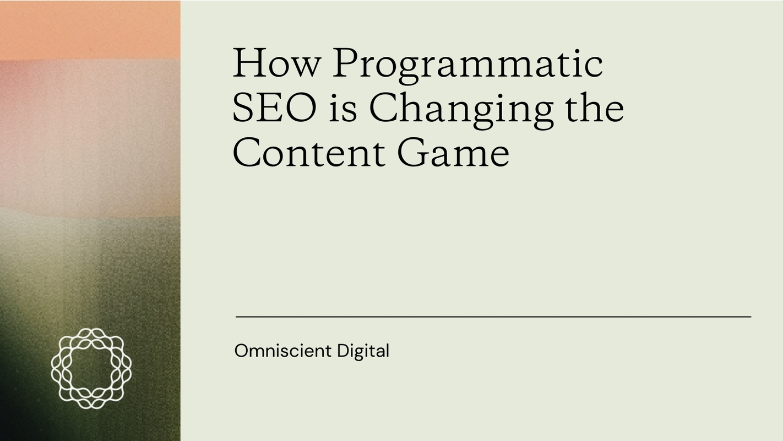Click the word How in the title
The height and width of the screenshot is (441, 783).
point(276,63)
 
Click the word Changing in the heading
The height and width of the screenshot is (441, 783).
point(461,109)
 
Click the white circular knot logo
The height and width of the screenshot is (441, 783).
point(91,368)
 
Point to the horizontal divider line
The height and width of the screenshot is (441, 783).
point(493,317)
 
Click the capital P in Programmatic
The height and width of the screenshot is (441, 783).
point(346,63)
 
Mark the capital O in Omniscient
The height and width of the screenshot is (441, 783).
point(241,351)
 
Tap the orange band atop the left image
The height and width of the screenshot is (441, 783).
point(90,29)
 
